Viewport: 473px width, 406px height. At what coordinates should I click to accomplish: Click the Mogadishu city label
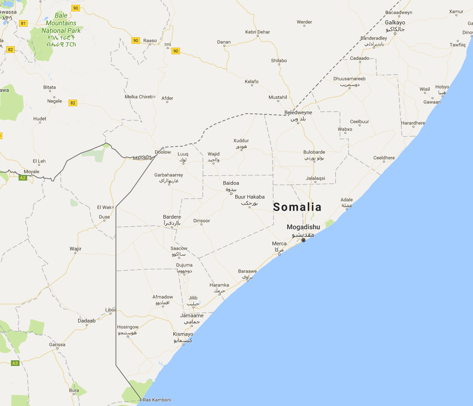click(303, 227)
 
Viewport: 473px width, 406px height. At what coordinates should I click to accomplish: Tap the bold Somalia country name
click(297, 207)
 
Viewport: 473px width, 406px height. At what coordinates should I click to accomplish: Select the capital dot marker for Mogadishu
click(303, 240)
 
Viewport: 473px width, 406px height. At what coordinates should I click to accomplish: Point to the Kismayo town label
click(183, 334)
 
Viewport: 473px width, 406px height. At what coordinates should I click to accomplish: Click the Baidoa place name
click(231, 183)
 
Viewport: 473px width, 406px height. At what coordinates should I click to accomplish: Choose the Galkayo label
click(395, 22)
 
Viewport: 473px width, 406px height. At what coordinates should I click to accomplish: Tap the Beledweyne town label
click(298, 112)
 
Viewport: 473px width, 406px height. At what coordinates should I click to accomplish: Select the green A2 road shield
click(22, 178)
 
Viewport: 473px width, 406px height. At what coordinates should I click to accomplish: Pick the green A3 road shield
click(15, 363)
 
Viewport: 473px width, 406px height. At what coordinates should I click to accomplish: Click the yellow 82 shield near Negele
click(72, 102)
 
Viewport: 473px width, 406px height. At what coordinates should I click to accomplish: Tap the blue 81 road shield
click(23, 23)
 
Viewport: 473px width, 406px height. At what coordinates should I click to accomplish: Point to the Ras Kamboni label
click(157, 400)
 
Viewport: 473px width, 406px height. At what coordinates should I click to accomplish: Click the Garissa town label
click(57, 345)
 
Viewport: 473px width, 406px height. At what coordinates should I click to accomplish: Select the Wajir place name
click(75, 249)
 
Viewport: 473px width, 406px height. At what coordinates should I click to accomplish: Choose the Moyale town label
click(32, 171)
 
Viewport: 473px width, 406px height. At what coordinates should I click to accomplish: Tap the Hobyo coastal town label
click(442, 87)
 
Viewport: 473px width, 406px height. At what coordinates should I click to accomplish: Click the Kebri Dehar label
click(257, 32)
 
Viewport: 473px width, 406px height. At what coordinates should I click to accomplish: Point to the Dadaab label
click(87, 321)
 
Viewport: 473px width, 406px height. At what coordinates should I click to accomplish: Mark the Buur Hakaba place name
click(250, 197)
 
